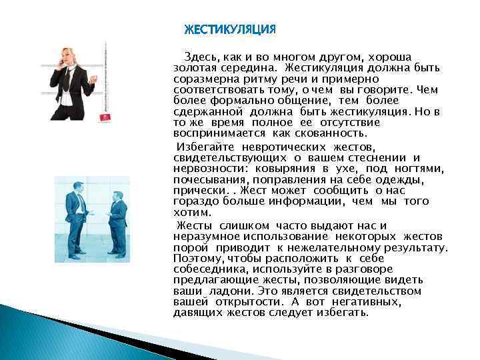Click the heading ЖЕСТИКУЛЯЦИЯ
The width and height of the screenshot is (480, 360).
[x=229, y=30]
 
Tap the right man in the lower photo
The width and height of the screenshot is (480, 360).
[x=118, y=223]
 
